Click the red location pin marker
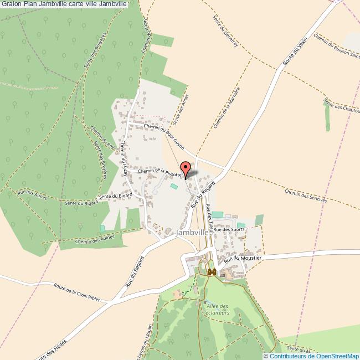pyautogui.click(x=186, y=167)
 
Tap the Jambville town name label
pyautogui.click(x=192, y=233)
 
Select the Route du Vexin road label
pyautogui.click(x=294, y=53)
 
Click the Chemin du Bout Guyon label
pyautogui.click(x=163, y=134)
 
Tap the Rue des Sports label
pyautogui.click(x=229, y=229)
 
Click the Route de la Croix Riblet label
pyautogui.click(x=77, y=292)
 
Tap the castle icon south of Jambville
pyautogui.click(x=212, y=272)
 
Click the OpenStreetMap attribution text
pyautogui.click(x=311, y=356)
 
